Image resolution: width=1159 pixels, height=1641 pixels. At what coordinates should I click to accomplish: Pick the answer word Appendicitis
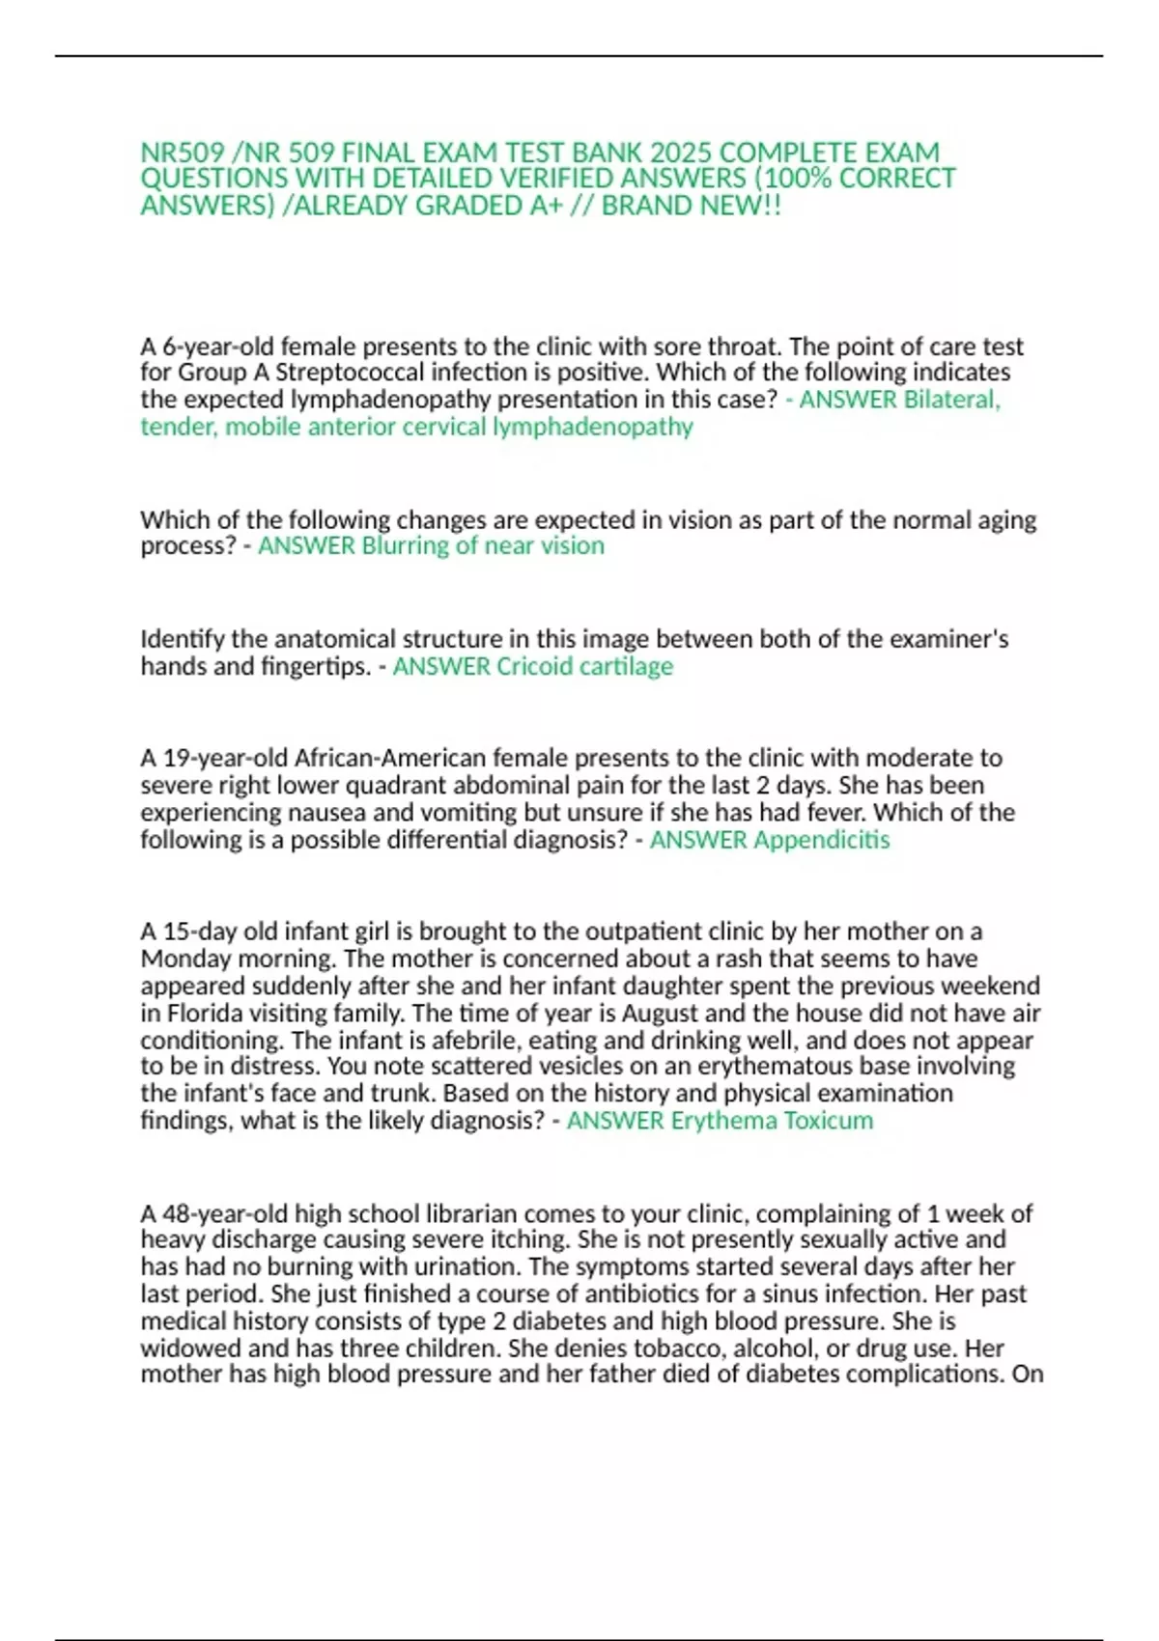click(821, 840)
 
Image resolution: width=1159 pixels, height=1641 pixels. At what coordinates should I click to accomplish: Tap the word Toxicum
click(828, 1121)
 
